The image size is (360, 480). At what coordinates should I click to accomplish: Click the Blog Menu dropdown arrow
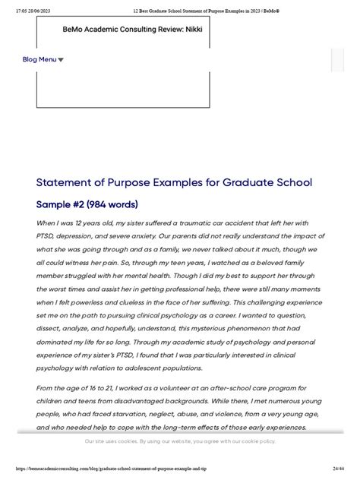(61, 60)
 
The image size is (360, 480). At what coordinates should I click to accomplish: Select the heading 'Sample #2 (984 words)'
(88, 204)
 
